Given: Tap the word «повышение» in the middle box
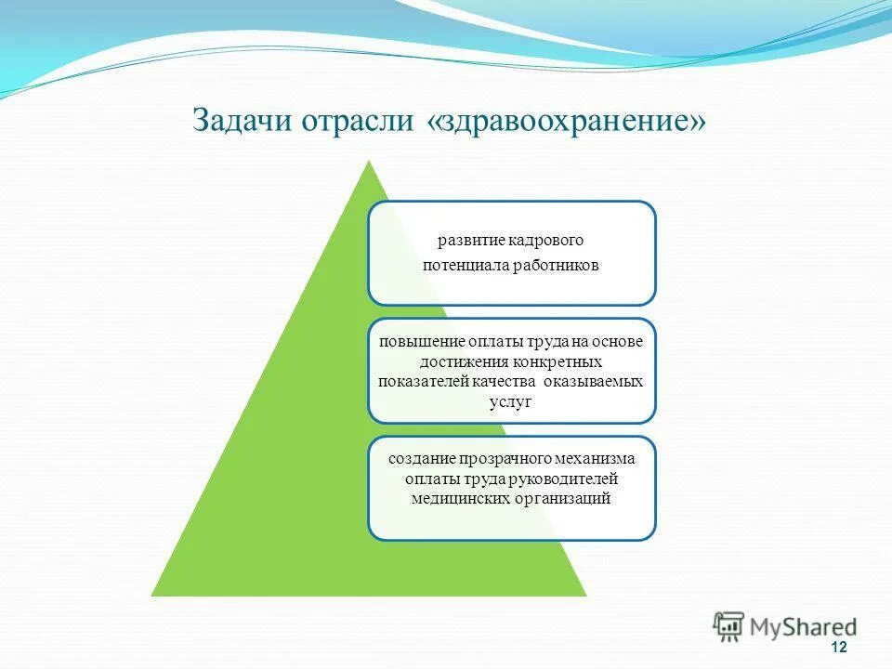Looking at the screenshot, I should coord(414,341).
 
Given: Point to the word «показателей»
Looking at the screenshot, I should coord(421,382).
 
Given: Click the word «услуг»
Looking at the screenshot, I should coord(511,402).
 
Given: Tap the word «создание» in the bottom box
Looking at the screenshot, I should coord(418,458).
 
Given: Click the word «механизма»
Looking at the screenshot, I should coord(596,458).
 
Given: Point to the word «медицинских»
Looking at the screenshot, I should coord(459,499).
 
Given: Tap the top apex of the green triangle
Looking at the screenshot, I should coord(370,162).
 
